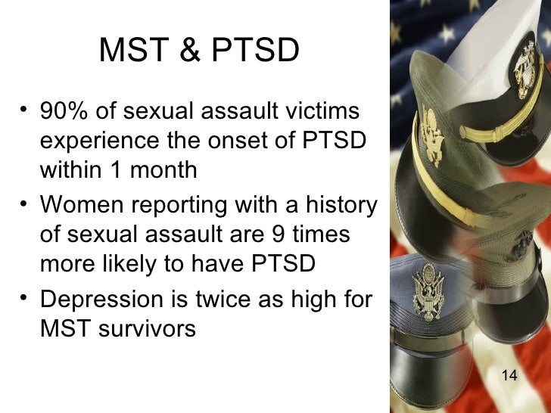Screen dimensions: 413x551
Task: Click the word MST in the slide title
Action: pyautogui.click(x=128, y=51)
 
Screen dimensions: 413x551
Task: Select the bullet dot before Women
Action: pyautogui.click(x=26, y=204)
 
